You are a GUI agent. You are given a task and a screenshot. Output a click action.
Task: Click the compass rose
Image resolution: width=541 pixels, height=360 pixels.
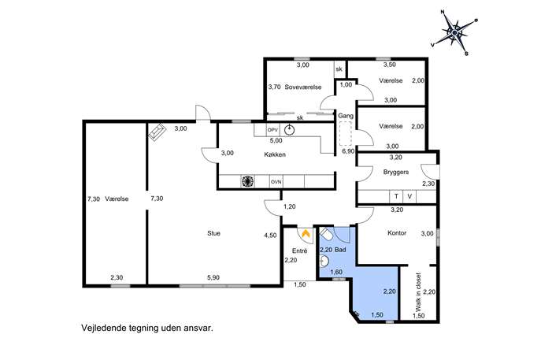[454, 33]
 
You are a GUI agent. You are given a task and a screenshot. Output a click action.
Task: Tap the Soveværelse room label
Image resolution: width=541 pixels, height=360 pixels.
[303, 87]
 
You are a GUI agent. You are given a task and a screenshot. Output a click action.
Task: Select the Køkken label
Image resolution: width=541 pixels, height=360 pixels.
[275, 154]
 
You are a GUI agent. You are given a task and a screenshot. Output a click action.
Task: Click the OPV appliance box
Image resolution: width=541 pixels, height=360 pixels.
[272, 130]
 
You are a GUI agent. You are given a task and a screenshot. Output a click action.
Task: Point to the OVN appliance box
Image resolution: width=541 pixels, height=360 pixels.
[276, 181]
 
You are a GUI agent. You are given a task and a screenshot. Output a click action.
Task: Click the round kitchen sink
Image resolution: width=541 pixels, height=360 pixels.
[290, 130]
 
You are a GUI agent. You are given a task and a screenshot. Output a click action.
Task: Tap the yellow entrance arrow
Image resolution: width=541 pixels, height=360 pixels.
[305, 234]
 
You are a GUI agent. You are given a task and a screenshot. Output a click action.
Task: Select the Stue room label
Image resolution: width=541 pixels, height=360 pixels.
[213, 233]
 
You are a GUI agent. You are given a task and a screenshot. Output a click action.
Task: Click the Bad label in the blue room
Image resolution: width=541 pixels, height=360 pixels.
[340, 250]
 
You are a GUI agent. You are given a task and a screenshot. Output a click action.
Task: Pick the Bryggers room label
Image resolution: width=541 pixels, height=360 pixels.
[396, 172]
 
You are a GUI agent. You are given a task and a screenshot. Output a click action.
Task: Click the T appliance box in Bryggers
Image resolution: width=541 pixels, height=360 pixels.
[396, 196]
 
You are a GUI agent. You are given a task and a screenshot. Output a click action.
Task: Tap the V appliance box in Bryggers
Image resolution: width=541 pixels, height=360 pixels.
[409, 196]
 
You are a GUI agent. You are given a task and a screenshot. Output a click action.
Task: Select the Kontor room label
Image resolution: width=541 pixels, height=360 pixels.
[397, 233]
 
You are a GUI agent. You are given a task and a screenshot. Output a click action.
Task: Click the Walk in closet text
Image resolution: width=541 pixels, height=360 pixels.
[418, 292]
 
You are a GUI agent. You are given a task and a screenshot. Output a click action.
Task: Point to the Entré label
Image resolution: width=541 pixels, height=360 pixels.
[299, 251]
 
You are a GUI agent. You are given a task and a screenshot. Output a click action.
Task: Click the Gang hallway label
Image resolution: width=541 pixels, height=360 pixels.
[346, 116]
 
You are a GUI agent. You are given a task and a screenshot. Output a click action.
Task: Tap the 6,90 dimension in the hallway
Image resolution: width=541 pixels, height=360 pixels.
[348, 151]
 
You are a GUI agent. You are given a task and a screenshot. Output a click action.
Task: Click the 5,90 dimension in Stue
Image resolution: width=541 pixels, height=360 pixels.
[213, 277]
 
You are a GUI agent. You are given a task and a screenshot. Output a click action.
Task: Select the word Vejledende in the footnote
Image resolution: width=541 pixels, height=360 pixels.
[103, 328]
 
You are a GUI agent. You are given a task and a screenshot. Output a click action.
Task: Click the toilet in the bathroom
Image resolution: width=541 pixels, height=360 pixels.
[326, 236]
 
